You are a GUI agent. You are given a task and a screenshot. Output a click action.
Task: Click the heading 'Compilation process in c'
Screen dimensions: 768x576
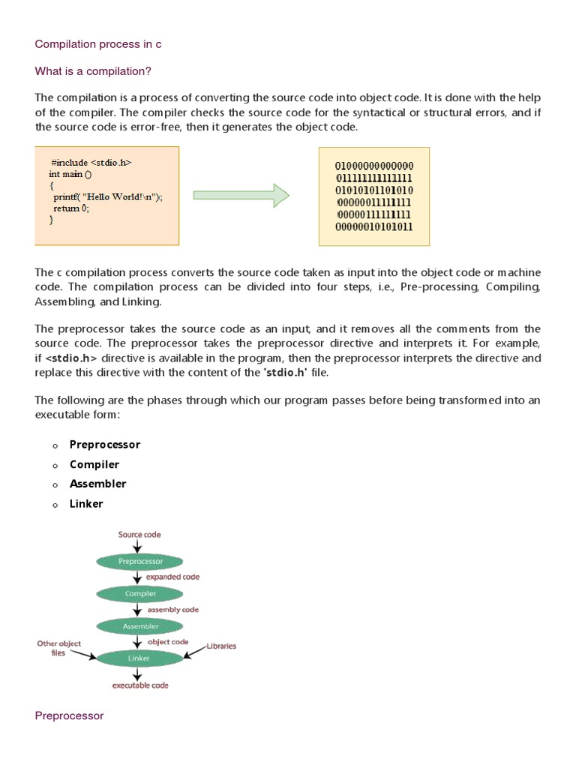[x=98, y=44]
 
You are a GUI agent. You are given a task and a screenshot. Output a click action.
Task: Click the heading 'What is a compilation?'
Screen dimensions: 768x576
[x=94, y=71]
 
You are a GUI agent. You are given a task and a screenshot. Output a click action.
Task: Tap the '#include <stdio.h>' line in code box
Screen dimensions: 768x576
[x=91, y=162]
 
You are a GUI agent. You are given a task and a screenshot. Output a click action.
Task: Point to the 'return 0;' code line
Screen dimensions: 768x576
[x=70, y=208]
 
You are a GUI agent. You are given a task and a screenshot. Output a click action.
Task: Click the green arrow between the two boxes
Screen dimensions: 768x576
[x=241, y=195]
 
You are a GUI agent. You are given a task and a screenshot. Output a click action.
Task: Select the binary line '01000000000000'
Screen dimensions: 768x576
[x=374, y=166]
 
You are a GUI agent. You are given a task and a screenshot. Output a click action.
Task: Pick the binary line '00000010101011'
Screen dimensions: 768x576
[x=374, y=226]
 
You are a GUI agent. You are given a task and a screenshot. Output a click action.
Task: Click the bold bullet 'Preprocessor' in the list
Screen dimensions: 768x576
[x=105, y=445]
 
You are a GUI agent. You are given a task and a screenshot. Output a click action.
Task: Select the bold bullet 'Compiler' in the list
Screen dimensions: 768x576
[x=94, y=464]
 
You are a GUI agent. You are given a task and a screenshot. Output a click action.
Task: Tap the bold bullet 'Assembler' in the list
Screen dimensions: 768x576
[x=97, y=484]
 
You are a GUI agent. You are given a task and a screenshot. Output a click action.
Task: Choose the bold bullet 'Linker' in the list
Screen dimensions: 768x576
[x=86, y=503]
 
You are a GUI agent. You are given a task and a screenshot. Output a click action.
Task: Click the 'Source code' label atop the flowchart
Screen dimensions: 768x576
[x=139, y=535]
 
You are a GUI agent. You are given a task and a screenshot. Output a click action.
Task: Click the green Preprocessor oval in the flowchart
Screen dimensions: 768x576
[x=139, y=561]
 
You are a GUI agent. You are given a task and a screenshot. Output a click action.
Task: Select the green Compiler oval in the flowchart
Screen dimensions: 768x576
[x=139, y=593]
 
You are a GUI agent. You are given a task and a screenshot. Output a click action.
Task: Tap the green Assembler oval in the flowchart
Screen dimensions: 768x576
[x=139, y=625]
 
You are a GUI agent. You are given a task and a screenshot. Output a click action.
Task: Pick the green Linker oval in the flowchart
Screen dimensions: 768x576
[x=139, y=658]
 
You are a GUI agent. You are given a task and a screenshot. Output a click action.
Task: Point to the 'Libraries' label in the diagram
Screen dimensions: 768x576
[x=221, y=646]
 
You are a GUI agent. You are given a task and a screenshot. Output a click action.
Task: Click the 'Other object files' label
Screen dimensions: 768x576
[x=59, y=648]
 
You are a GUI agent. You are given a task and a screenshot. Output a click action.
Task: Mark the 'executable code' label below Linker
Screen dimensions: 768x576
[x=140, y=685]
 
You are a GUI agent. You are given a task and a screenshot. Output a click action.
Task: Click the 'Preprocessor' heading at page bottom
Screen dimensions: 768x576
[x=69, y=716]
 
